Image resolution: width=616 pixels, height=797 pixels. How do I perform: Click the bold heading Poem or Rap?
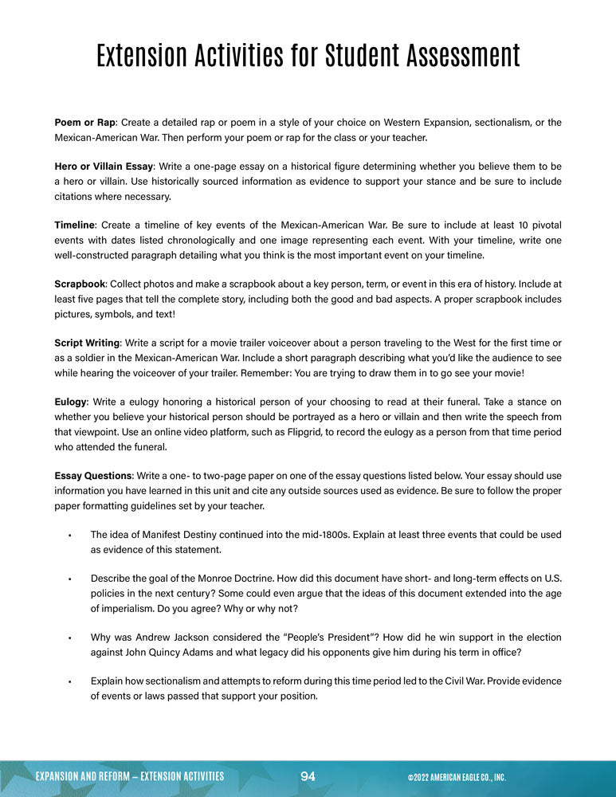coord(85,123)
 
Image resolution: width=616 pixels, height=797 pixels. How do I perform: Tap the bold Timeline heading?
coord(75,225)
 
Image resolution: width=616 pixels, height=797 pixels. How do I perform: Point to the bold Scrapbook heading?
coord(80,284)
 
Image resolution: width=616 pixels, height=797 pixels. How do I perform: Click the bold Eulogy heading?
coord(70,401)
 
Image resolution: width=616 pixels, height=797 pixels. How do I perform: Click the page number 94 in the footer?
coord(308,777)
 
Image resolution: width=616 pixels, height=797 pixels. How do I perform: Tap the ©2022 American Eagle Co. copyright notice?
coord(457,777)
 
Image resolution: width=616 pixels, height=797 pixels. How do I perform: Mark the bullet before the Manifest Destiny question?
coord(71,535)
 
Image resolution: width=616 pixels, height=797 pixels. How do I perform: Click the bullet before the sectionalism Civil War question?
coord(71,681)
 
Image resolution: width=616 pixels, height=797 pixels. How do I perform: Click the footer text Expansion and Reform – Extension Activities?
coord(129,777)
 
